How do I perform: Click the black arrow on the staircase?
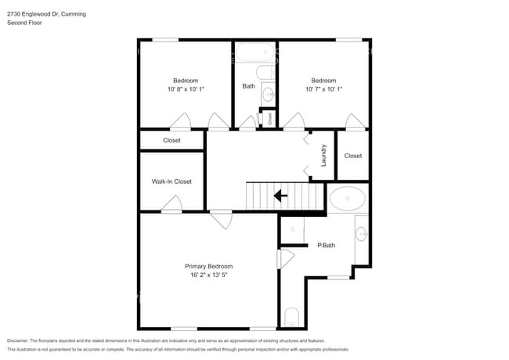pyautogui.click(x=280, y=196)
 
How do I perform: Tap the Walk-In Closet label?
pyautogui.click(x=171, y=182)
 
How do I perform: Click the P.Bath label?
pyautogui.click(x=326, y=246)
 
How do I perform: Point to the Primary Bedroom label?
pyautogui.click(x=208, y=266)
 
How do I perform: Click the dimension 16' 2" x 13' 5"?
pyautogui.click(x=208, y=275)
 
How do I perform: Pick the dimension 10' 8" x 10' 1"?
pyautogui.click(x=186, y=89)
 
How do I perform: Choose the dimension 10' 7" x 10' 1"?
pyautogui.click(x=323, y=89)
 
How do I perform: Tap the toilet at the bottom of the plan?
pyautogui.click(x=291, y=317)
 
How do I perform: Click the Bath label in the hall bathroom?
pyautogui.click(x=248, y=86)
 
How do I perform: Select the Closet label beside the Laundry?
pyautogui.click(x=353, y=156)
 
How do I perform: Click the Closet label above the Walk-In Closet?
pyautogui.click(x=171, y=141)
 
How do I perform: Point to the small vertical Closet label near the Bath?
pyautogui.click(x=270, y=118)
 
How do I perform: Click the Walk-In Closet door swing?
pyautogui.click(x=171, y=205)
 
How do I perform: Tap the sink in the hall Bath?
pyautogui.click(x=268, y=95)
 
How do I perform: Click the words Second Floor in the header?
pyautogui.click(x=24, y=23)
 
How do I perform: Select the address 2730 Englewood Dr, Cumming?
pyautogui.click(x=47, y=14)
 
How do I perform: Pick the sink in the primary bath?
pyautogui.click(x=361, y=232)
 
